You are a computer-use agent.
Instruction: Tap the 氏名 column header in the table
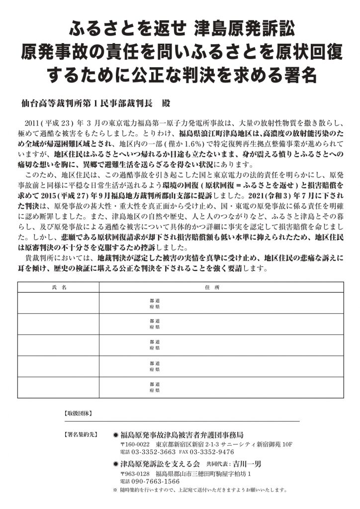pos(59,287)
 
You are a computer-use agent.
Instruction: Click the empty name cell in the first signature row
pos(59,303)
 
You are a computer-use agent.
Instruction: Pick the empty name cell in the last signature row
pos(59,387)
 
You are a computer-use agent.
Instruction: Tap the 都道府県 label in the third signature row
pos(155,345)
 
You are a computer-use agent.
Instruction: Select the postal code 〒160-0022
pos(135,443)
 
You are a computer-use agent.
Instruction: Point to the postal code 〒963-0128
pos(135,473)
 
